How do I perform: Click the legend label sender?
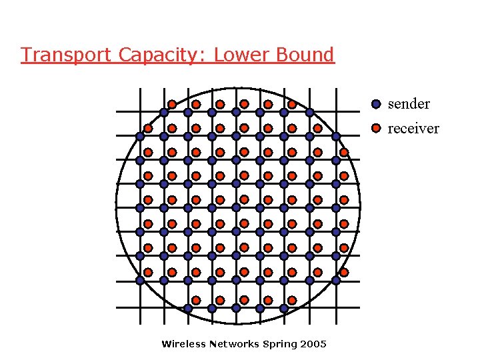click(409, 104)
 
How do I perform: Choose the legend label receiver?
click(413, 128)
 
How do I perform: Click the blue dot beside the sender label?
click(376, 104)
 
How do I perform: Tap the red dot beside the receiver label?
click(376, 128)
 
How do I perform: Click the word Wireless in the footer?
click(183, 344)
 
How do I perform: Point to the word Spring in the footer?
click(280, 344)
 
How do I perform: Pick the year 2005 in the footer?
click(313, 344)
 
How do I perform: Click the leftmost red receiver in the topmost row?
click(172, 104)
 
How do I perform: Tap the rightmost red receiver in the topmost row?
click(292, 104)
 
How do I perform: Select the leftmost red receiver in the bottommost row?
click(196, 300)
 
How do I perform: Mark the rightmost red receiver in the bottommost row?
click(292, 300)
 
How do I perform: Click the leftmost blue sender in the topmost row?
click(164, 112)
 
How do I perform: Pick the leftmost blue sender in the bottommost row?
click(188, 309)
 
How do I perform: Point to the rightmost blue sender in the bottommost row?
click(284, 309)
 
